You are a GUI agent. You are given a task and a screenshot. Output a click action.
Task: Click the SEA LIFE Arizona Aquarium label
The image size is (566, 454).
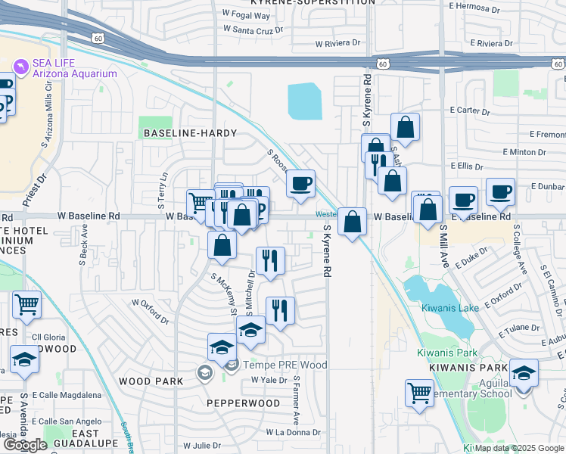73,68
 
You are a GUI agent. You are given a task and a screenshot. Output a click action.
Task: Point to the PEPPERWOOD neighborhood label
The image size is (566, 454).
244,403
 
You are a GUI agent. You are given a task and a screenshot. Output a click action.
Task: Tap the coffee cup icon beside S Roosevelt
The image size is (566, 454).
300,185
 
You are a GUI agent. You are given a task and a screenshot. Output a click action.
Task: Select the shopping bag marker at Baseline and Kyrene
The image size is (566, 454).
352,222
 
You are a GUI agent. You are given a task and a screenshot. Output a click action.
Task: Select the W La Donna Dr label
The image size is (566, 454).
293,432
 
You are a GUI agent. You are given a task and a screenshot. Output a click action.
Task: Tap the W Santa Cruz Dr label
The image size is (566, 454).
252,30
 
